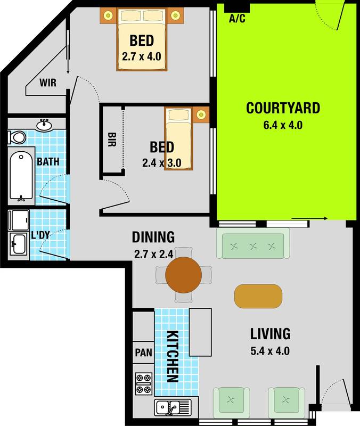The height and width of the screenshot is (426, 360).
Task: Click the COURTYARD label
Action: [283, 108]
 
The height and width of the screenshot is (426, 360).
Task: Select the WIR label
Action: [48, 83]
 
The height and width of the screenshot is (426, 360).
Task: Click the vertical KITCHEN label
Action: [172, 356]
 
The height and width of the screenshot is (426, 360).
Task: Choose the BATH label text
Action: [48, 162]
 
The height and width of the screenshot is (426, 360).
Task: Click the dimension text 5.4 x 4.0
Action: [270, 351]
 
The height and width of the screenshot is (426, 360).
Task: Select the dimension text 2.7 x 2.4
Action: [153, 254]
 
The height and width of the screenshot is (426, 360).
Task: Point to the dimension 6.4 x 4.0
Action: [283, 126]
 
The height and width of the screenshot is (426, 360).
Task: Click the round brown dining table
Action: [183, 275]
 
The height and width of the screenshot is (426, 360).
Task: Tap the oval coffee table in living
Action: [258, 296]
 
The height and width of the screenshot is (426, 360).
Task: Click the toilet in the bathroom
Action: [17, 137]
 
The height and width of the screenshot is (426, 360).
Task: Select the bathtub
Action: [22, 176]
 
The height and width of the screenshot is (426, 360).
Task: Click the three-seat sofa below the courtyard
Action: [253, 245]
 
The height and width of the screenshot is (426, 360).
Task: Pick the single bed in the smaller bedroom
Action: [178, 138]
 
